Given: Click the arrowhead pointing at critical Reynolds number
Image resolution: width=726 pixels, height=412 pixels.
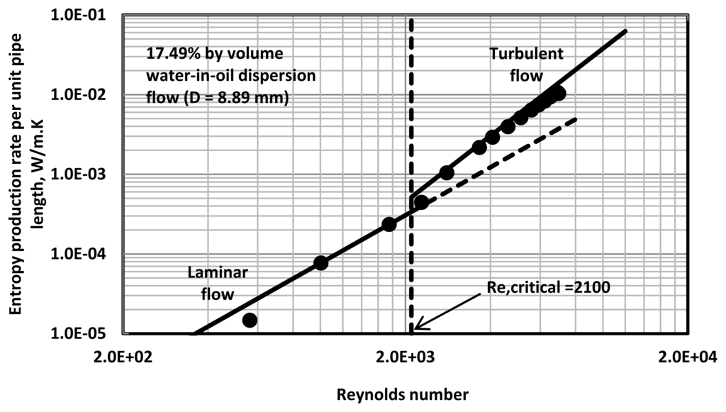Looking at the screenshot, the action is (418, 327).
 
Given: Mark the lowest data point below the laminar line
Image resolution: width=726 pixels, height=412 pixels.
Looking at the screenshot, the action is (249, 320).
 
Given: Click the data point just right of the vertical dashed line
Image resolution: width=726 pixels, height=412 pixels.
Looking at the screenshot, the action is (421, 202).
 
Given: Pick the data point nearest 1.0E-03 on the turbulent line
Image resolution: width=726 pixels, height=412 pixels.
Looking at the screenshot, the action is (447, 172).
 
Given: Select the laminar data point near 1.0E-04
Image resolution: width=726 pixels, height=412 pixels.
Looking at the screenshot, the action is (320, 262).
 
